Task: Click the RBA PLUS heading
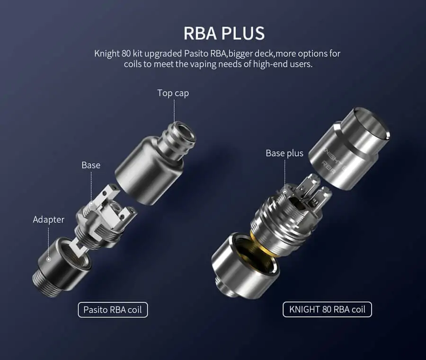pos(224,34)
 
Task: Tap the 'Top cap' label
pos(173,93)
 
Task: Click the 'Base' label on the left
pos(91,165)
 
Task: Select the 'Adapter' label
pos(49,220)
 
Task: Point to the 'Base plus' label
pos(284,153)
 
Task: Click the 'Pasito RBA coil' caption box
pos(113,310)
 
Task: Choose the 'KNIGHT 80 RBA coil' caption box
pos(327,309)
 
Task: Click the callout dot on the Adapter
pos(49,259)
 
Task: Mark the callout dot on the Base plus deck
pos(285,192)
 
